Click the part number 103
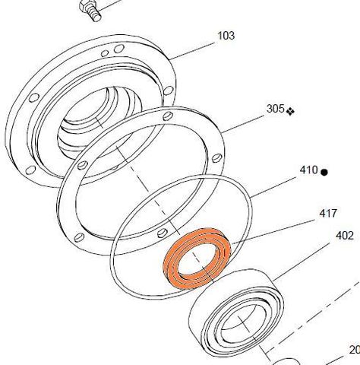click(226, 36)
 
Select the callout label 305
click(275, 109)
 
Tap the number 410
click(308, 170)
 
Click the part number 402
click(344, 236)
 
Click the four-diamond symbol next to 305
click(291, 110)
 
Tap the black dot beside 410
click(324, 172)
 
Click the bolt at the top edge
click(87, 10)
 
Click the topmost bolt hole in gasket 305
click(165, 116)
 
